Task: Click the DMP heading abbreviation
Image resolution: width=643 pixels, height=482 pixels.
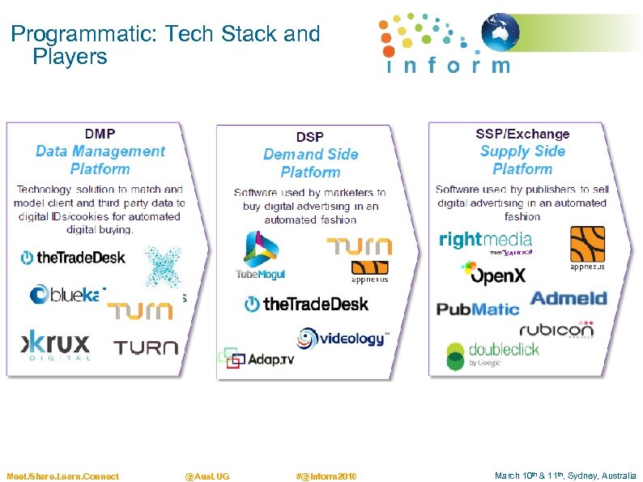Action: point(100,134)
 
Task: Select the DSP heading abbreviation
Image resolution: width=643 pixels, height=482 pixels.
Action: point(310,137)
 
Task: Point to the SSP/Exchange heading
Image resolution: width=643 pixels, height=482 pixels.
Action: point(522,134)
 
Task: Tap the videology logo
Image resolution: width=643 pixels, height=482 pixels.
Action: point(343,338)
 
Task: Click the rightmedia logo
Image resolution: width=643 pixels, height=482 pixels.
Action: point(485,241)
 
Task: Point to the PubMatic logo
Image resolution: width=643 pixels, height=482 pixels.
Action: point(478,309)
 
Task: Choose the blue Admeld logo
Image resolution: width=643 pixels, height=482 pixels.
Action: point(568,299)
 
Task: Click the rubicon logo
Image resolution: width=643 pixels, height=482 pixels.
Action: point(556,330)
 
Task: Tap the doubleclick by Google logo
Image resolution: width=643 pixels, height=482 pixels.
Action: point(492,354)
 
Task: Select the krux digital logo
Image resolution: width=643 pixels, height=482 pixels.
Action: point(56,343)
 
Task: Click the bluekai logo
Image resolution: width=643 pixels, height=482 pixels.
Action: point(68,295)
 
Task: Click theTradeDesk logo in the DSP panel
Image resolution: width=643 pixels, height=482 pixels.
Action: point(306,304)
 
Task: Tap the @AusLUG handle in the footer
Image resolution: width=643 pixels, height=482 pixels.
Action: point(207,476)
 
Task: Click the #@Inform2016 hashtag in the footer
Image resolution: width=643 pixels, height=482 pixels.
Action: point(326,476)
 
